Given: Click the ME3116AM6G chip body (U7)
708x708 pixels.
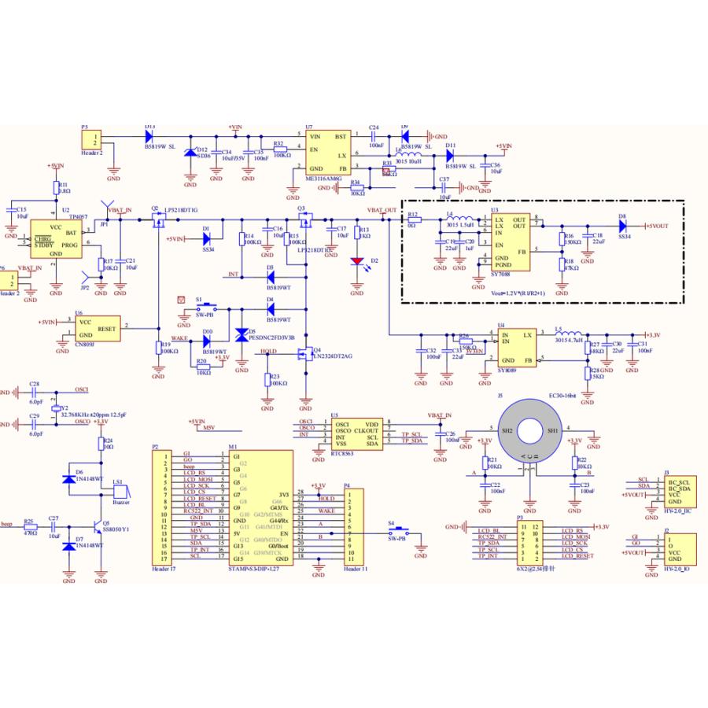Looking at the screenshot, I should [x=328, y=152].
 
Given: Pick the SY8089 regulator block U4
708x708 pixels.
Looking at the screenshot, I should [x=515, y=348].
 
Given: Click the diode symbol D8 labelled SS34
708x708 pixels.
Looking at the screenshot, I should [x=622, y=227].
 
